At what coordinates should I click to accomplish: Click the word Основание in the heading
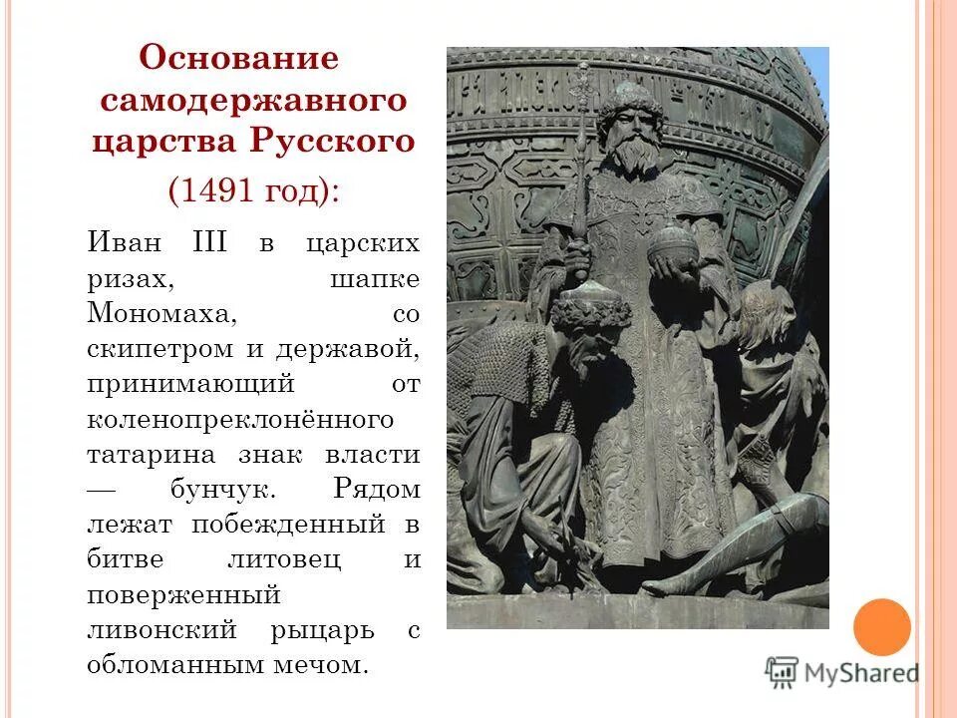[239, 58]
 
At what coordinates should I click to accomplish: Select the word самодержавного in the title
[254, 101]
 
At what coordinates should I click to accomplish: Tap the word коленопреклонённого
[240, 419]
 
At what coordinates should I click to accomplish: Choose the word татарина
[151, 454]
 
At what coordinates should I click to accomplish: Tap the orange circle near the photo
[882, 627]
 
